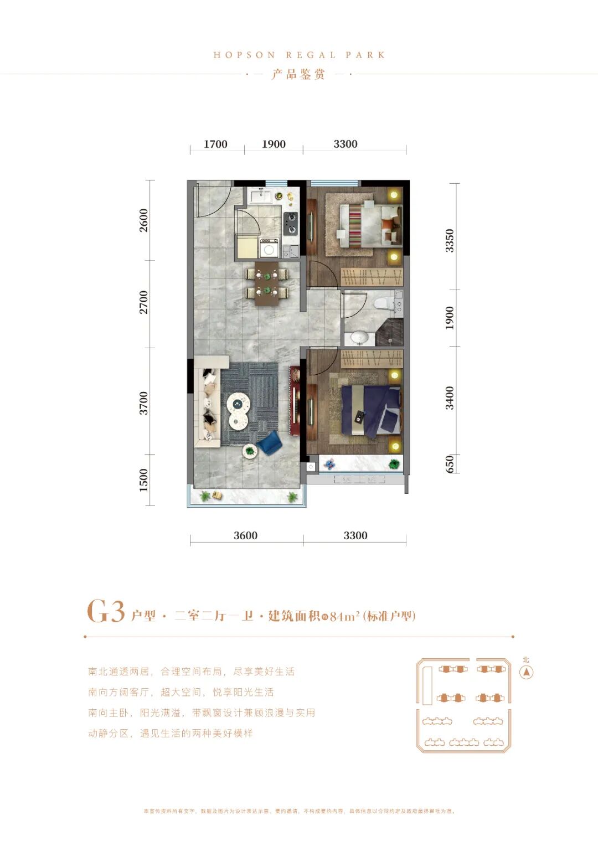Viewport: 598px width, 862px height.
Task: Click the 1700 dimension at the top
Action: [215, 144]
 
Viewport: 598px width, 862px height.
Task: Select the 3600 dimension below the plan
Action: [245, 535]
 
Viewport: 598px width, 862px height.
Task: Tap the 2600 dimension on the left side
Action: [144, 220]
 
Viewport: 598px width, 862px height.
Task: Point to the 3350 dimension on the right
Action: [450, 241]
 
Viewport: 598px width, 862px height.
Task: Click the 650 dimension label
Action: [450, 464]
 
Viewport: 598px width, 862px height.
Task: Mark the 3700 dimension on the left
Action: [144, 402]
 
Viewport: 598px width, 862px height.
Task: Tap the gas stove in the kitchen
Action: [290, 223]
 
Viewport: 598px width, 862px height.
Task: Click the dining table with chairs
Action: [267, 283]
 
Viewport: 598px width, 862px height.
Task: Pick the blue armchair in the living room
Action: [270, 443]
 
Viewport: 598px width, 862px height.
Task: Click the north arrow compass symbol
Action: [526, 672]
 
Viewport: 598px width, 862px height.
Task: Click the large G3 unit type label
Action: [105, 612]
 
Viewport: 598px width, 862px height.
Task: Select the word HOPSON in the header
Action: [244, 55]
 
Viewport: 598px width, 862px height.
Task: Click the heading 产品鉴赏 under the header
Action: [298, 74]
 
